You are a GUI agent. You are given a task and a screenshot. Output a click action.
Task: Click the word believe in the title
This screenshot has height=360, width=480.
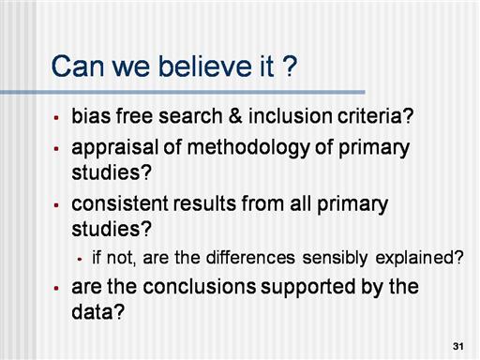click(205, 67)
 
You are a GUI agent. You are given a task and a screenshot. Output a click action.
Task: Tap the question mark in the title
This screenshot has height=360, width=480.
click(291, 67)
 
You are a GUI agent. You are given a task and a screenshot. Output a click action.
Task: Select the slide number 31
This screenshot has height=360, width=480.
click(458, 346)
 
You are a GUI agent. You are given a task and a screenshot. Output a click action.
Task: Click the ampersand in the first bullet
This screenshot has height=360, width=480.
click(235, 116)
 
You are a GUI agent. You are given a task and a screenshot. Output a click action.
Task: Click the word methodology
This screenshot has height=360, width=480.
click(248, 149)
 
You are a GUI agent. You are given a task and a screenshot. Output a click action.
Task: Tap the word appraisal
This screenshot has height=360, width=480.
click(115, 149)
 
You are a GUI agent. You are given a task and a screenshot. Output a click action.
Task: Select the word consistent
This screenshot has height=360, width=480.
click(120, 203)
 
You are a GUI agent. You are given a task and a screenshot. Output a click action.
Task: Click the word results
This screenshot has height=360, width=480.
click(204, 203)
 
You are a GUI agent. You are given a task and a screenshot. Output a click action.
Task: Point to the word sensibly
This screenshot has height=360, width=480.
click(335, 259)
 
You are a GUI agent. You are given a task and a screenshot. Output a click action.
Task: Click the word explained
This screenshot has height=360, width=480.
click(419, 259)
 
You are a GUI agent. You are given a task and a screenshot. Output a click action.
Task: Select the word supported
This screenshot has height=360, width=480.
click(308, 288)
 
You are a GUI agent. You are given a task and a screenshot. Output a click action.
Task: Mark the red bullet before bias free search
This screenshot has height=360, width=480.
click(56, 118)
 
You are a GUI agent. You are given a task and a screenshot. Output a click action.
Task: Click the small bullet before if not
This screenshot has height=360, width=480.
click(80, 259)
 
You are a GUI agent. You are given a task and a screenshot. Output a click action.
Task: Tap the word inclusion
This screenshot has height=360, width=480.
click(291, 116)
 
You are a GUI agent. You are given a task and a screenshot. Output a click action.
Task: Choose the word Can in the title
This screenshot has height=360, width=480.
click(78, 67)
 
